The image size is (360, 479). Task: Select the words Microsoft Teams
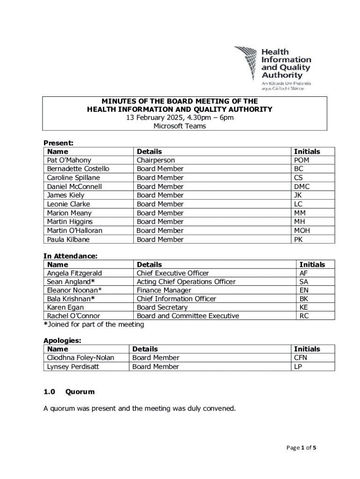pos(180,126)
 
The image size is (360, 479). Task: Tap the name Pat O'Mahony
pos(69,160)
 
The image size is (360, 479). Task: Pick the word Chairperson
pos(156,160)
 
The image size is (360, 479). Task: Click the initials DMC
pos(302,186)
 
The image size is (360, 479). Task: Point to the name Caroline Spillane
pos(73,178)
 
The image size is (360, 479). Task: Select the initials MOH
pos(302,230)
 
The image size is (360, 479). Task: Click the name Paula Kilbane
pos(68,239)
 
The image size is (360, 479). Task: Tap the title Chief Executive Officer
pos(173,273)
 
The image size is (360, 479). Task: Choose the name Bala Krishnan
pos(71,298)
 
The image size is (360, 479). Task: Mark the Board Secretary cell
pos(162,307)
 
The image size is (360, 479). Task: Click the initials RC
pos(304,316)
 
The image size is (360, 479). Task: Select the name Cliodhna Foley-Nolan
pos(80,357)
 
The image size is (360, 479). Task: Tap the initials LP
pos(298,366)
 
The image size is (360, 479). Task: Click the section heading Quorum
pos(80,392)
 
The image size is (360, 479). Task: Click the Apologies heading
pos(62,341)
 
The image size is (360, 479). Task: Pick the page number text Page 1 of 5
pos(301,448)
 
